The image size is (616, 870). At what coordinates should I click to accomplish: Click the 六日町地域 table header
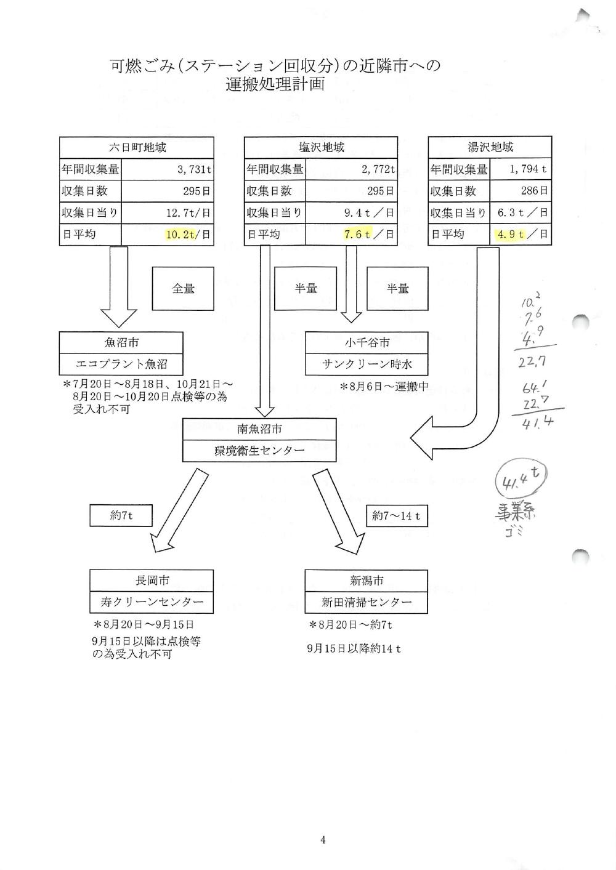coord(136,148)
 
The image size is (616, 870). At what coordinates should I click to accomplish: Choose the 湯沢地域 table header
coord(490,148)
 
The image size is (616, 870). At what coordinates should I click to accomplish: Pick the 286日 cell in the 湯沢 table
coord(521,191)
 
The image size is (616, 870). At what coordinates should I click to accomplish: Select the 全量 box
coord(183,288)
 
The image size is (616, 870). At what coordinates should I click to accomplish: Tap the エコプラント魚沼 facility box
coord(121,364)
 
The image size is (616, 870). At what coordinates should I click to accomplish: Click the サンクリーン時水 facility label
coord(367,364)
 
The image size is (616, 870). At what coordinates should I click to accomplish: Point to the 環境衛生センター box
coord(259,451)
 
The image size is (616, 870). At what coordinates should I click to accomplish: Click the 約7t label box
coord(121,515)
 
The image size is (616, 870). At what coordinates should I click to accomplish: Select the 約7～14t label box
coord(396,516)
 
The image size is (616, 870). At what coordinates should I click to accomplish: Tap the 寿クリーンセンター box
coord(152,602)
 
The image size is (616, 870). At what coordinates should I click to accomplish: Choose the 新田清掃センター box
coord(366,602)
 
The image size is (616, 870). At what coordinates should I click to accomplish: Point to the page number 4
coord(323,840)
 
